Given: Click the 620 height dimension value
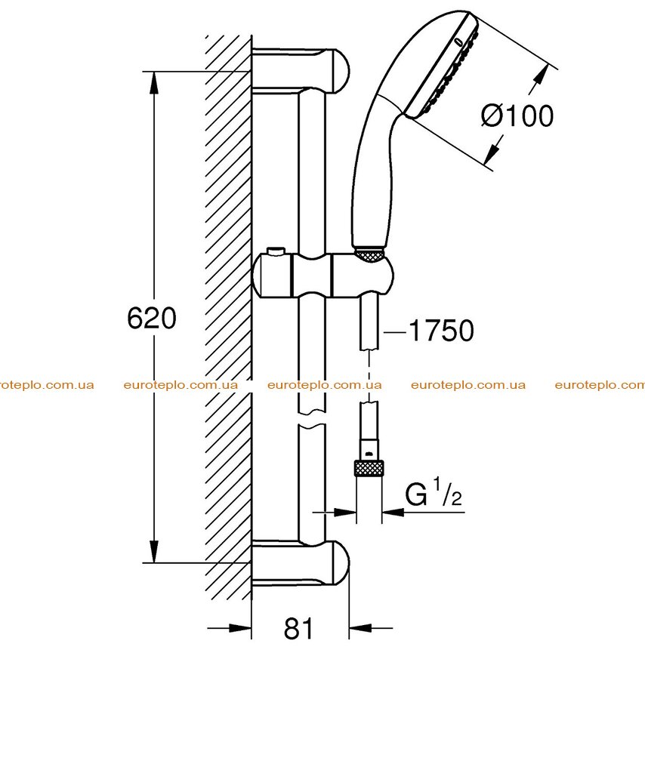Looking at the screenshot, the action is pos(151,318).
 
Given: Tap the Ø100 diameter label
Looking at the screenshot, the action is pos(517,116).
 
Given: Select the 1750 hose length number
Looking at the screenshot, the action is pos(441,331).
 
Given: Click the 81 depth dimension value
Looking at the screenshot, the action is pos(298,628).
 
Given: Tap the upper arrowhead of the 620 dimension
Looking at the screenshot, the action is pos(154,83).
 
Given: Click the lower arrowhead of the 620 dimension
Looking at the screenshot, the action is pos(154,551).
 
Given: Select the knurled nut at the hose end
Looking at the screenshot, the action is pos(369,468).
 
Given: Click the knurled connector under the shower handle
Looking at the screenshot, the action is pos(369,255).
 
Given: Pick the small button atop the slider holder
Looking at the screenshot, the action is pos(274,252).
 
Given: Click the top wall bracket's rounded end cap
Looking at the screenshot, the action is pos(338,71).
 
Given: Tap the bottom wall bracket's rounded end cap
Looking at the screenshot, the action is pos(338,563).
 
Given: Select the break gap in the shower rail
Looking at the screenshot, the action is pos(312,417).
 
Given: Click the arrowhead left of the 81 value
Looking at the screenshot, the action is pos(241,628).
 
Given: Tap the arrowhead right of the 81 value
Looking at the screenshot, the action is pos(360,628).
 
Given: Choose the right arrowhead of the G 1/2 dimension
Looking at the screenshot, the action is pos(393,513).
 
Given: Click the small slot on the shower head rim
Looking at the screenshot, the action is pos(459,42).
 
